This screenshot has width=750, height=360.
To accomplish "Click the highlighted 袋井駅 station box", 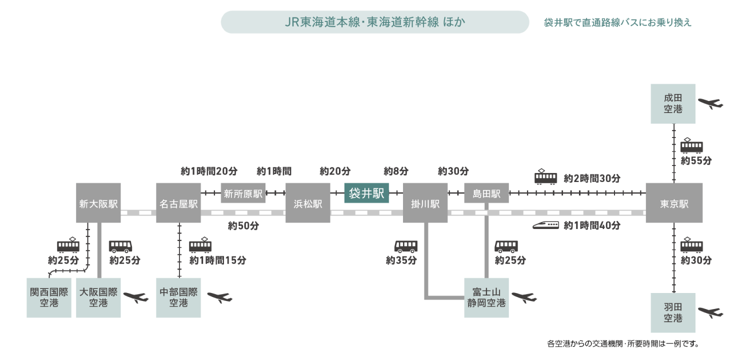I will click(366, 193).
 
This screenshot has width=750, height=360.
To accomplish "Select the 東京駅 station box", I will click(673, 203).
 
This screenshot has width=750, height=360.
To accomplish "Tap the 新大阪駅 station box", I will click(98, 203).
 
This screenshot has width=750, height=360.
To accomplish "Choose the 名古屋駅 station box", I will click(178, 203).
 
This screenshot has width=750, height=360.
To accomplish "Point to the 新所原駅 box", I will click(243, 193).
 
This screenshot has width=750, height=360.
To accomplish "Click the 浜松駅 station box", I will click(307, 203).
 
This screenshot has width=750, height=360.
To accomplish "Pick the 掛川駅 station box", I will click(425, 203).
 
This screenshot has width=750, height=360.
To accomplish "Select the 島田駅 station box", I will click(486, 193).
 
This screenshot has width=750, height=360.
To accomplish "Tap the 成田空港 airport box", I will click(673, 103).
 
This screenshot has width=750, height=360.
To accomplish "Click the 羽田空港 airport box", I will click(673, 312).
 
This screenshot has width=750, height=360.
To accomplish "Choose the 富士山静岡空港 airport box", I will click(486, 297).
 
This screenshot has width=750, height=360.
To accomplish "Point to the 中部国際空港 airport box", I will click(178, 297).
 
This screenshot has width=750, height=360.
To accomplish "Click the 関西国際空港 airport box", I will click(48, 297).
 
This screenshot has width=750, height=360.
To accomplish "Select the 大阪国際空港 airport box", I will click(98, 297).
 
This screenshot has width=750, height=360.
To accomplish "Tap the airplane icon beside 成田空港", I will click(710, 103).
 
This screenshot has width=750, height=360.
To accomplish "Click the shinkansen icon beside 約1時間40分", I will click(545, 225).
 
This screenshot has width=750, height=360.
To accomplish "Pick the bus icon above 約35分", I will click(405, 246).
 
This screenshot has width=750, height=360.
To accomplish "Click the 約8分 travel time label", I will click(396, 171).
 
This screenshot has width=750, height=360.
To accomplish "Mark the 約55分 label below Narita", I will click(696, 161).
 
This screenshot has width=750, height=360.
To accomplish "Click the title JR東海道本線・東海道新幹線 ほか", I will click(374, 22).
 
